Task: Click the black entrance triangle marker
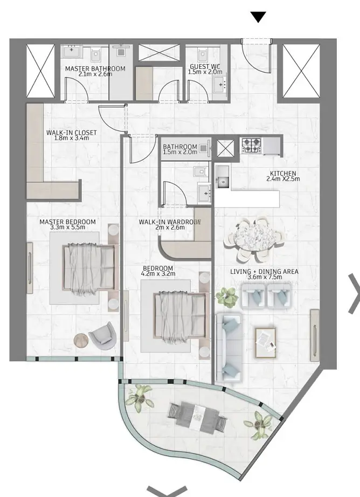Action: click(258, 17)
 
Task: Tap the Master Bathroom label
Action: click(95, 69)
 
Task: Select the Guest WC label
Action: click(205, 67)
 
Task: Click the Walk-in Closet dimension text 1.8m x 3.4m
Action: click(72, 138)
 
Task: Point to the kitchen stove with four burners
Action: click(251, 146)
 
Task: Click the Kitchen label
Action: click(283, 174)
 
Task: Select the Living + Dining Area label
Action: click(264, 272)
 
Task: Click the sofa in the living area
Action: click(229, 348)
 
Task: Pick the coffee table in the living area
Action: click(266, 343)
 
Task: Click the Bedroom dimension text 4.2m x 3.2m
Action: click(158, 274)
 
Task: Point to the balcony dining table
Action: click(198, 417)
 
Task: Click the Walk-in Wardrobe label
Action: click(170, 222)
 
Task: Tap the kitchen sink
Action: click(223, 182)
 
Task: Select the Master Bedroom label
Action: click(67, 222)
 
